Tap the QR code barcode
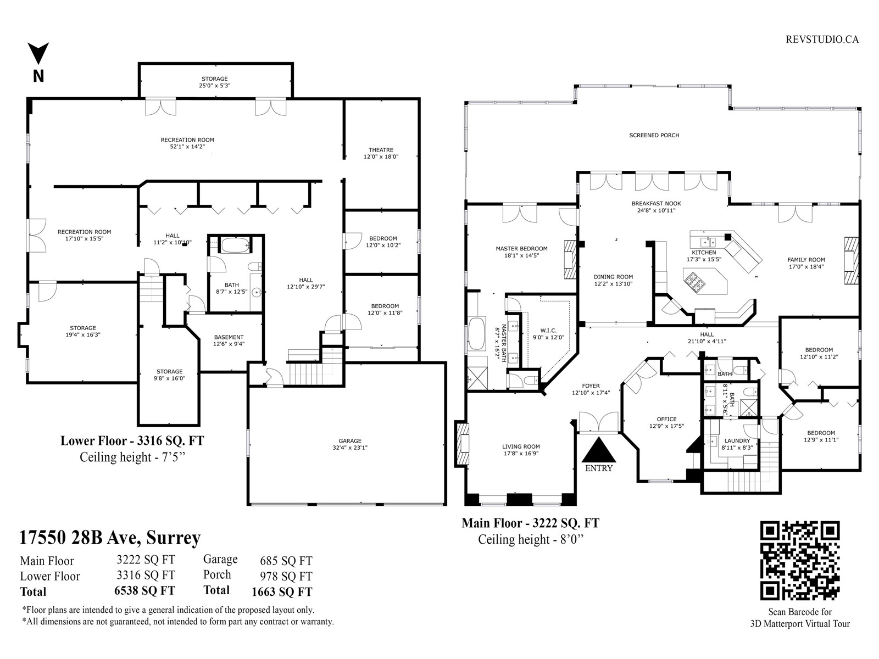[x=800, y=560]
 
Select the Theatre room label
[x=381, y=150]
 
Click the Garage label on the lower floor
[x=349, y=441]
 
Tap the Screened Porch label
[x=654, y=135]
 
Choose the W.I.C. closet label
[x=548, y=331]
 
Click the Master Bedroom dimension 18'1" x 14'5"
[x=521, y=255]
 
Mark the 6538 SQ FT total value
[x=144, y=591]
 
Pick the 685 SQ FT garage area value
[x=286, y=561]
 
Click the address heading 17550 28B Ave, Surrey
[x=110, y=538]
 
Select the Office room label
[x=666, y=420]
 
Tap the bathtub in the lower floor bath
[x=236, y=245]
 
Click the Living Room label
[x=521, y=446]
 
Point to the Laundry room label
[x=737, y=441]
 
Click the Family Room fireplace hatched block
[x=852, y=260]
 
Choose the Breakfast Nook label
[x=657, y=203]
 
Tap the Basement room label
[x=229, y=337]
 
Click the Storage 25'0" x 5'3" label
[x=215, y=82]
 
